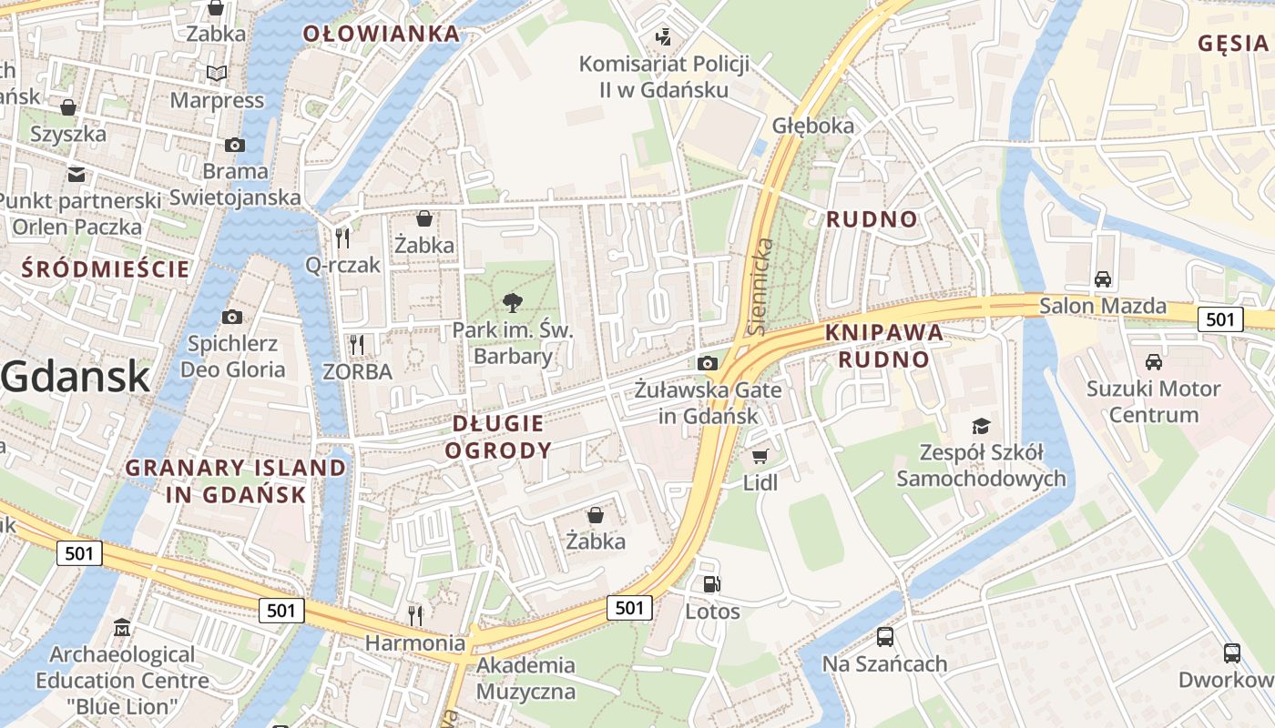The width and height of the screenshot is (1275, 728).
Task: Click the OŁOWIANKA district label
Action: pyautogui.click(x=381, y=35)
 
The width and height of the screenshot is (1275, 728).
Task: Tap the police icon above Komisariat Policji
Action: pyautogui.click(x=664, y=37)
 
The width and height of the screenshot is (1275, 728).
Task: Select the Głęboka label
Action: pyautogui.click(x=813, y=126)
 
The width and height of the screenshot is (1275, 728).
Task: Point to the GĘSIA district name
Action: pyautogui.click(x=1233, y=43)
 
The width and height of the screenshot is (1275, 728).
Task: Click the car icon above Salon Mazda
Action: pyautogui.click(x=1102, y=278)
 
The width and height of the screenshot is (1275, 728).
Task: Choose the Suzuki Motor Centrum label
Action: pyautogui.click(x=1153, y=401)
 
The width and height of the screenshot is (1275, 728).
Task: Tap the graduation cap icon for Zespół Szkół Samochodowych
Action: pyautogui.click(x=980, y=426)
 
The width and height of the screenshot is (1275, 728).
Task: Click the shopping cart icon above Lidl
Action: pyautogui.click(x=760, y=456)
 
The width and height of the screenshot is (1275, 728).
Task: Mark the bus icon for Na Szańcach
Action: pyautogui.click(x=884, y=637)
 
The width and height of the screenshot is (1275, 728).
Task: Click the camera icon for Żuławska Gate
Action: pyautogui.click(x=707, y=363)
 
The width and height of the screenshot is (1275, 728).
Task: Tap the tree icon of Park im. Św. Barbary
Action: pyautogui.click(x=513, y=303)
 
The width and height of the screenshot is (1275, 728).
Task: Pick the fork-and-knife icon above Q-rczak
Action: pyautogui.click(x=342, y=238)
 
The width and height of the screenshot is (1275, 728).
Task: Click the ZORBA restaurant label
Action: pyautogui.click(x=357, y=371)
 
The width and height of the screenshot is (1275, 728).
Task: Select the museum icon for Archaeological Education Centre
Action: pyautogui.click(x=122, y=628)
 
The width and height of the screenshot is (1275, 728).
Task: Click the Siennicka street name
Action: pyautogui.click(x=760, y=286)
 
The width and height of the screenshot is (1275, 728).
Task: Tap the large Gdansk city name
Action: pyautogui.click(x=75, y=376)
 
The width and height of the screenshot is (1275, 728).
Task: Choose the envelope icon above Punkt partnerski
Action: pyautogui.click(x=76, y=174)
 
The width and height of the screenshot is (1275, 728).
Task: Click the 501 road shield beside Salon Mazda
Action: pyautogui.click(x=1219, y=318)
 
